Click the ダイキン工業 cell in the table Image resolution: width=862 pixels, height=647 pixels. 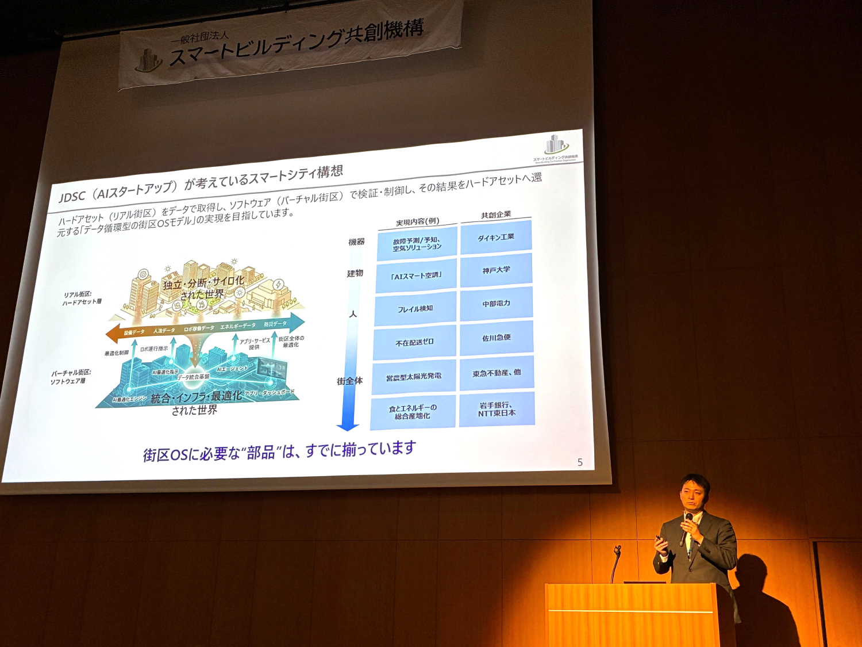tap(496, 237)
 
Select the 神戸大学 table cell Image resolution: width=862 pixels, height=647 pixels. tap(496, 270)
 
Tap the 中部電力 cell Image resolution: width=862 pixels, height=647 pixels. tap(496, 304)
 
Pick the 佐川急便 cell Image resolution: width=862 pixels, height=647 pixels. tap(497, 338)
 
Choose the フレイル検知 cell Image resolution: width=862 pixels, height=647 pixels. tap(415, 309)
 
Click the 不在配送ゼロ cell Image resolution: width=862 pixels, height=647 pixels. tap(414, 343)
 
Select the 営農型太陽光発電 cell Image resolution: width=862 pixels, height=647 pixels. tap(414, 377)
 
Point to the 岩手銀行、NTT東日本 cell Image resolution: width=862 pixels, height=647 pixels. tap(497, 409)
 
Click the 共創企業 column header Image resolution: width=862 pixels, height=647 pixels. tap(496, 215)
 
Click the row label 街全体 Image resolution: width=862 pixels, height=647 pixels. tap(349, 381)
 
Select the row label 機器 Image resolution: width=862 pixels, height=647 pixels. tap(356, 242)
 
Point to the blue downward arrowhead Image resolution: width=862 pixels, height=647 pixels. tap(348, 427)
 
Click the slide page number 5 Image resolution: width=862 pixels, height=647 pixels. tap(580, 462)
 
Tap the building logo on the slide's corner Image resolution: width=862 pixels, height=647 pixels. tap(555, 145)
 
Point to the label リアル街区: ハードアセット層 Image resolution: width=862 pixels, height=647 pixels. tap(82, 298)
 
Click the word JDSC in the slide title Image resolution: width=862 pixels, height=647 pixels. tap(72, 197)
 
